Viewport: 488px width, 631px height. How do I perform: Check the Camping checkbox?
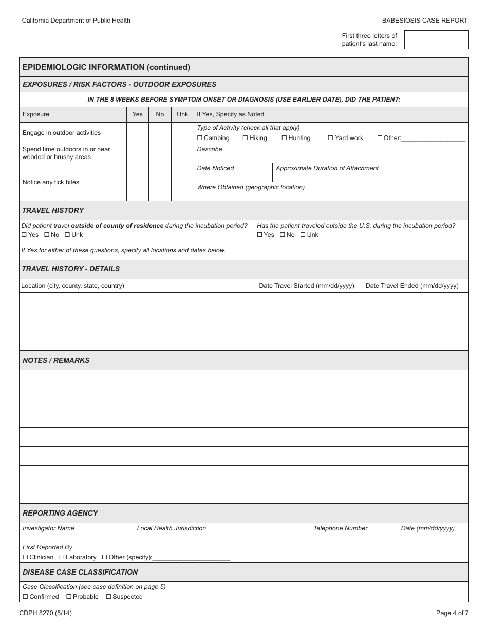click(200, 138)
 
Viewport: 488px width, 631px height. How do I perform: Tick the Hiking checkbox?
click(245, 138)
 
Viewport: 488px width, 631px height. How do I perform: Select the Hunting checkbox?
click(284, 138)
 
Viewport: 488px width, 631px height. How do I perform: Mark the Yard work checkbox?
click(331, 138)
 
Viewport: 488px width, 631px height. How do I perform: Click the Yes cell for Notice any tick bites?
click(137, 182)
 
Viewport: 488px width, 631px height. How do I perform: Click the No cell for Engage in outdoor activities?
click(160, 133)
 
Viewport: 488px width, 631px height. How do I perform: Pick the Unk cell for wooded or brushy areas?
click(182, 153)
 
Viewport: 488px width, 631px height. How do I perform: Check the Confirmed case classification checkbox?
click(25, 597)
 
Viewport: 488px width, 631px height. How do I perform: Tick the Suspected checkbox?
click(108, 597)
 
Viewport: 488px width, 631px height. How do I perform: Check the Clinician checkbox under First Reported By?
click(25, 557)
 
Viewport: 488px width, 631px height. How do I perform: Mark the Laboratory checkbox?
click(62, 557)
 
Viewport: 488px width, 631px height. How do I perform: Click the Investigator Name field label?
click(48, 528)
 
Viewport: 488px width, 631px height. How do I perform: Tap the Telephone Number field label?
click(340, 528)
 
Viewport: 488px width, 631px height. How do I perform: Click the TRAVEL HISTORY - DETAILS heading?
click(70, 269)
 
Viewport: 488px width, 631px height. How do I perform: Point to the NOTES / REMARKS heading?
click(56, 360)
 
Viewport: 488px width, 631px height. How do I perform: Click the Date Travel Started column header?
click(307, 286)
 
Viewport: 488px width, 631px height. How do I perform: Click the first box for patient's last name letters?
click(415, 40)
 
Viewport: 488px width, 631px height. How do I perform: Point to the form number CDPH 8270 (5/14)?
click(46, 613)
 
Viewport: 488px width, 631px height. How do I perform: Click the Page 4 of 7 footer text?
click(452, 613)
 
